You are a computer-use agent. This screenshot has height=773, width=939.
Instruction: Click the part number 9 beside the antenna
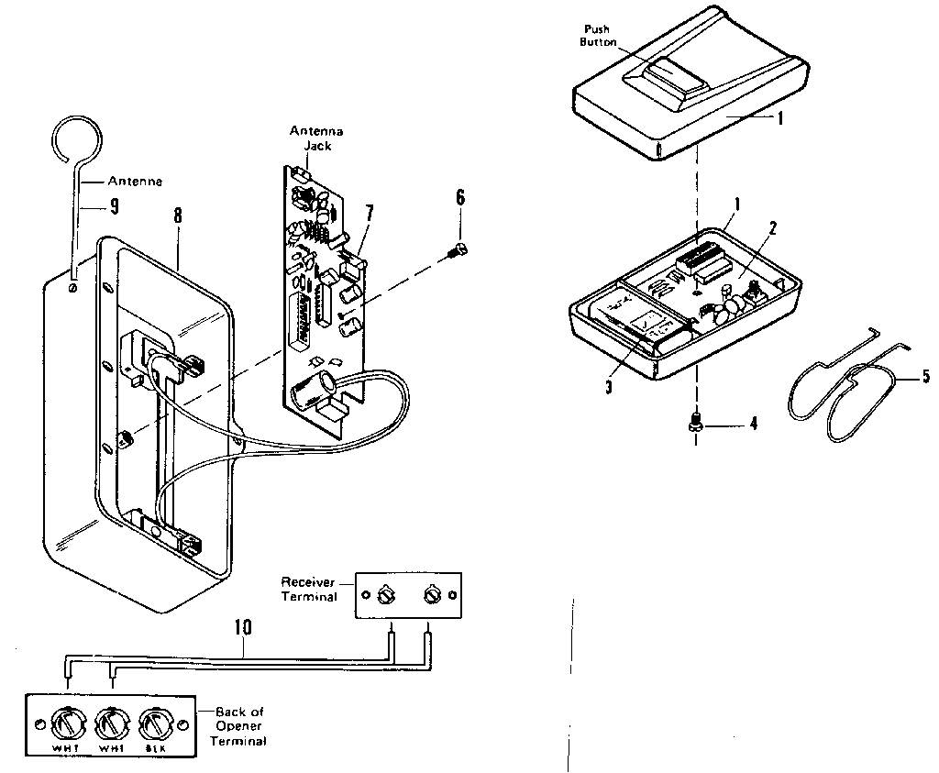pyautogui.click(x=114, y=206)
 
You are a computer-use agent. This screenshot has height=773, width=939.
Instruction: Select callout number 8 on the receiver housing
pyautogui.click(x=177, y=216)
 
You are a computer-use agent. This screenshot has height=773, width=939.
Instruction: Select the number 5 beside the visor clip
pyautogui.click(x=924, y=375)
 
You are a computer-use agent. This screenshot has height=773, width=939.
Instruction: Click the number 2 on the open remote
pyautogui.click(x=772, y=228)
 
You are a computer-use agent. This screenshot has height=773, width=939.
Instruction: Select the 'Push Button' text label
pyautogui.click(x=597, y=36)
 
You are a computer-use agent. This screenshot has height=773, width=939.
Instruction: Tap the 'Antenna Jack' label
pyautogui.click(x=316, y=138)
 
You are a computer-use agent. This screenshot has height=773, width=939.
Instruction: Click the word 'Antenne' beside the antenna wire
pyautogui.click(x=135, y=181)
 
